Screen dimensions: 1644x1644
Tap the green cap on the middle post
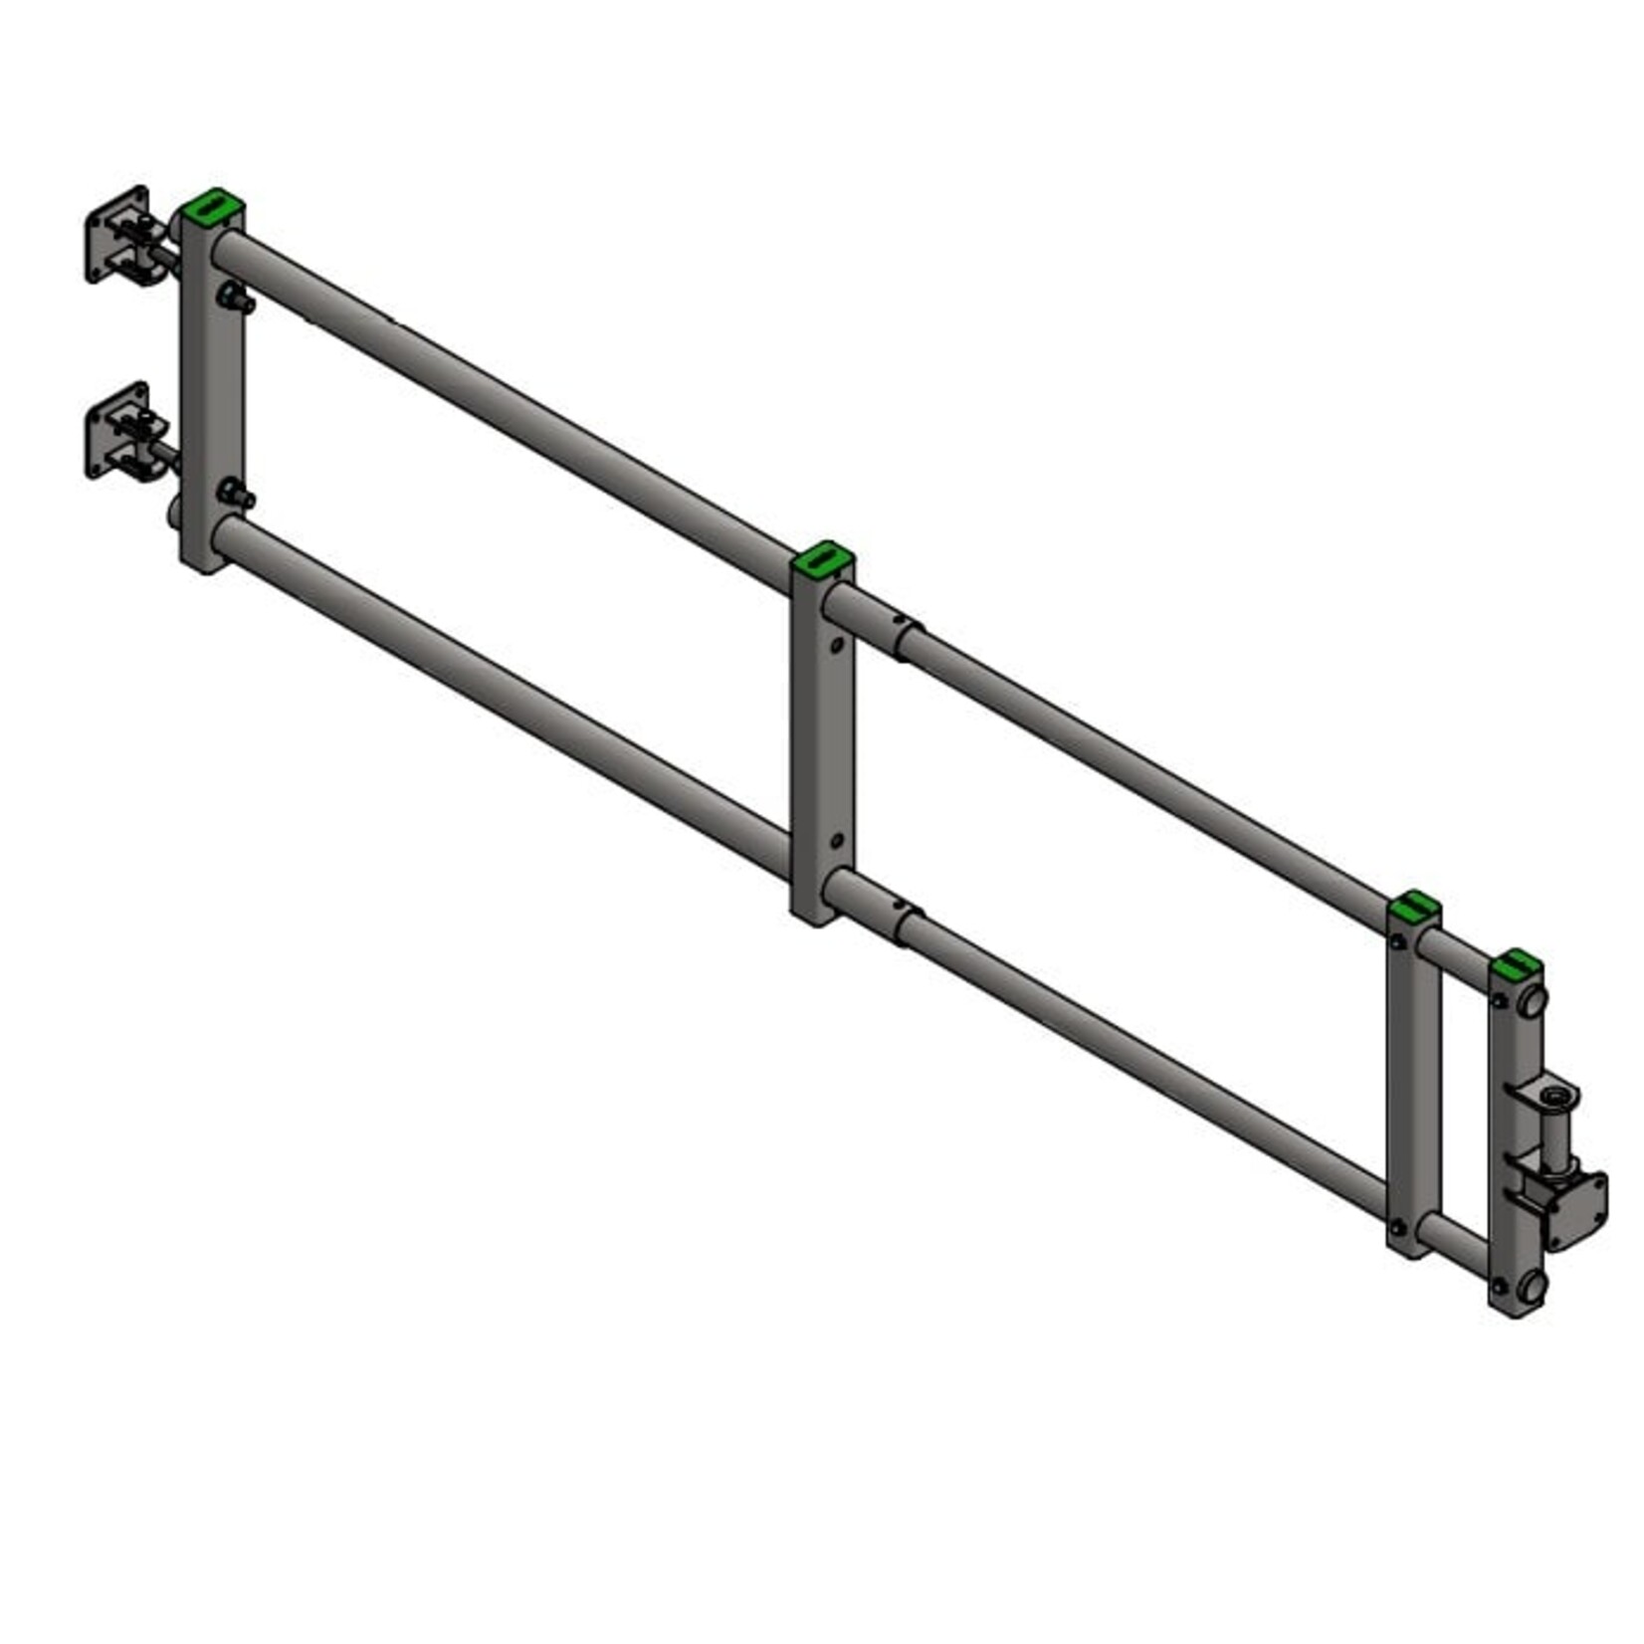pyautogui.click(x=823, y=560)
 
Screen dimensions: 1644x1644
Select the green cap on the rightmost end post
pyautogui.click(x=1517, y=962)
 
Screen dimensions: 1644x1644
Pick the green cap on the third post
pyautogui.click(x=1414, y=907)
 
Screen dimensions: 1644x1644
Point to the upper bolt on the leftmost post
pyautogui.click(x=235, y=297)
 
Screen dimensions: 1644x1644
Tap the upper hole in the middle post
pyautogui.click(x=836, y=645)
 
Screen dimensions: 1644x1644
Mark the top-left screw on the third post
pyautogui.click(x=1398, y=940)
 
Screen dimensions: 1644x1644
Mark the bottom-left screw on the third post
pyautogui.click(x=1398, y=1226)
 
